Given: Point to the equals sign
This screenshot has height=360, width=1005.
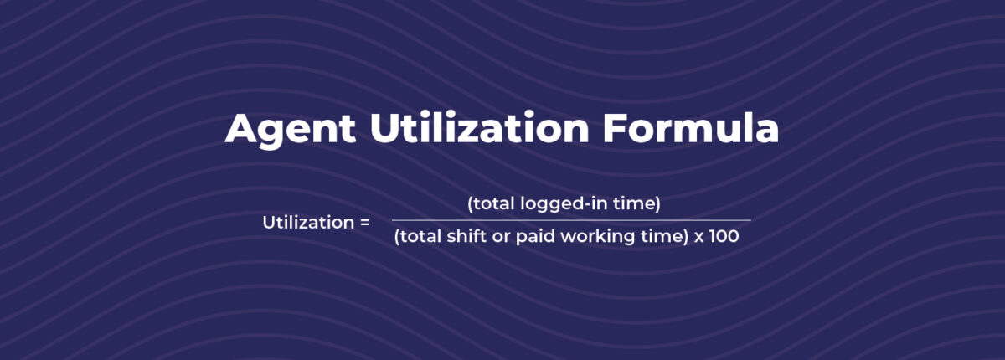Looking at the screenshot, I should coord(364,223).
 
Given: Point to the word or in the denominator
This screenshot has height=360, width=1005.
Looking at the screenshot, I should coord(507,238).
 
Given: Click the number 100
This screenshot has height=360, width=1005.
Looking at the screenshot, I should coord(724,237).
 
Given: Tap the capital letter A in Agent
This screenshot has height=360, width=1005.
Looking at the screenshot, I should coord(241,131).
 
